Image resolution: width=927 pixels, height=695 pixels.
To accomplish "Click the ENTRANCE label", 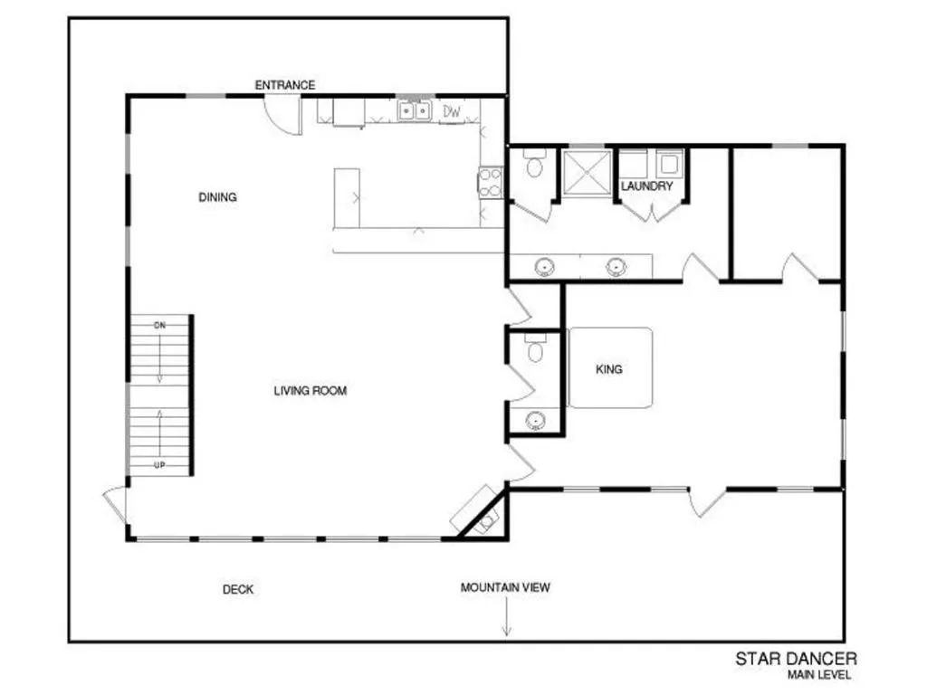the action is tap(285, 85).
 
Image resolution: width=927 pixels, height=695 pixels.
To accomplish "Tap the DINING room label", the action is tap(217, 197).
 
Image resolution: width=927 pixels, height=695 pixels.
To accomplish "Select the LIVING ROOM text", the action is tap(311, 391).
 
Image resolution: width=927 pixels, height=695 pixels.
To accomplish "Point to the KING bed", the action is tap(610, 368).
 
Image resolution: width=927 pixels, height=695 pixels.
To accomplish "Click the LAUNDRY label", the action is tap(646, 186).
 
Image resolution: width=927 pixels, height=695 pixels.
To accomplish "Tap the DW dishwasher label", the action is tap(452, 111).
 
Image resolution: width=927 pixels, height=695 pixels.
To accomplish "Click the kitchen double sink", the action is tap(414, 110).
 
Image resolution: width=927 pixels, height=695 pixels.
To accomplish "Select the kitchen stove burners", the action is tap(490, 183).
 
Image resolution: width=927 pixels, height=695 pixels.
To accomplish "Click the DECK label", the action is tap(238, 589).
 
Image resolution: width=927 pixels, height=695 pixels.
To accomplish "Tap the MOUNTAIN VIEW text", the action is tap(505, 587).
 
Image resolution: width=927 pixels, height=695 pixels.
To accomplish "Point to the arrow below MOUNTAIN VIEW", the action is tap(507, 616).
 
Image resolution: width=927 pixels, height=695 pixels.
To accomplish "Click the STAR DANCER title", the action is tap(796, 659).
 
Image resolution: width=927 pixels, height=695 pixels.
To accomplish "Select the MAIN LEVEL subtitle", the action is tap(818, 675).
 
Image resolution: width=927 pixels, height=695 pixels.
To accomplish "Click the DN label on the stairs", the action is tap(159, 326).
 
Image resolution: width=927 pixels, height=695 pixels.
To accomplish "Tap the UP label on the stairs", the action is tap(159, 465).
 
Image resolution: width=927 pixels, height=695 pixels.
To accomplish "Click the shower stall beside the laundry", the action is tap(587, 172).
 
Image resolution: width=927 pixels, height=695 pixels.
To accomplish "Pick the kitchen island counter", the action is tap(347, 198).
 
